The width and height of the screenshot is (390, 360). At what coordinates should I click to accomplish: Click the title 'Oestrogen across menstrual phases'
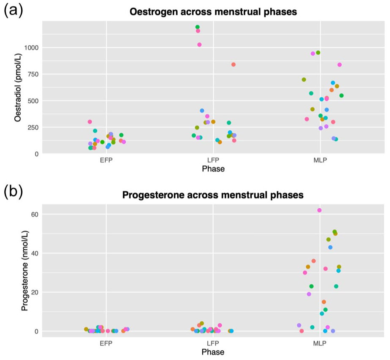213,12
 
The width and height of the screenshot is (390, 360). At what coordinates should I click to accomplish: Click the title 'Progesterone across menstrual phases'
213,195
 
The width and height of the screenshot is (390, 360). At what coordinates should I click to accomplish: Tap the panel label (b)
13,192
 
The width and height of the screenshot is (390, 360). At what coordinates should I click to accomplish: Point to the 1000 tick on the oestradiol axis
31,47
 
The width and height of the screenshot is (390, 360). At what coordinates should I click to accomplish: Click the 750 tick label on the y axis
33,74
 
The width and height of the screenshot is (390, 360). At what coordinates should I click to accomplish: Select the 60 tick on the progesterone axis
35,214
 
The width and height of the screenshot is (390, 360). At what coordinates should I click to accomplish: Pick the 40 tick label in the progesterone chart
35,253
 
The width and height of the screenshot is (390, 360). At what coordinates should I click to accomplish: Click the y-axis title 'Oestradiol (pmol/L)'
18,88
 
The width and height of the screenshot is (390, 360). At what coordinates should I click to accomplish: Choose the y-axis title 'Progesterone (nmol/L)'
25,271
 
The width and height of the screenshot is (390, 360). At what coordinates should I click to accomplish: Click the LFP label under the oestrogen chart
213,160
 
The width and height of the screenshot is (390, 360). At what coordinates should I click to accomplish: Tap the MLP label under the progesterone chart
320,344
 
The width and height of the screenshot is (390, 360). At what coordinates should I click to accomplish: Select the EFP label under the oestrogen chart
106,160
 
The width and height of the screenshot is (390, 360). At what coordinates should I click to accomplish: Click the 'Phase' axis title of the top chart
213,169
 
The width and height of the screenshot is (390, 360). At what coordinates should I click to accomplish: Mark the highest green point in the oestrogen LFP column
198,27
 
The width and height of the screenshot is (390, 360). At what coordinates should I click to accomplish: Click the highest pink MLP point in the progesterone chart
319,210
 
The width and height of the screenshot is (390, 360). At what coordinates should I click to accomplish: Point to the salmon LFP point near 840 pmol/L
233,64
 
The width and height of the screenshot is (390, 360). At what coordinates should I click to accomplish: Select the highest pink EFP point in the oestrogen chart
90,122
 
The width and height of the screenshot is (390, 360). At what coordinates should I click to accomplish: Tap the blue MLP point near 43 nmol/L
330,247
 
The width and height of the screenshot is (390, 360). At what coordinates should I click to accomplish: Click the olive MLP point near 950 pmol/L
318,52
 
